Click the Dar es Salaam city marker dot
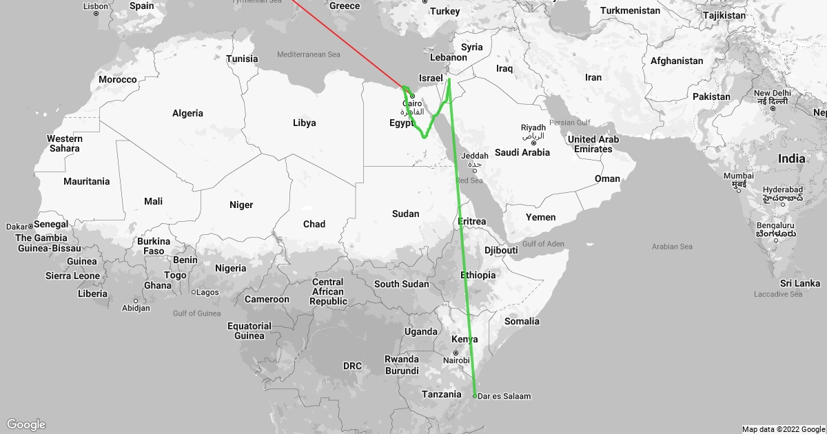pos(475,395)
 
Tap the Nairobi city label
pos(456,360)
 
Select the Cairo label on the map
pos(412,103)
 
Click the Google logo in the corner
pos(26,424)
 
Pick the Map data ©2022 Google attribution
pos(783,429)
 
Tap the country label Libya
pos(304,123)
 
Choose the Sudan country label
pos(405,214)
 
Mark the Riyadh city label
pos(533,128)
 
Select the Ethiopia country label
pos(478,275)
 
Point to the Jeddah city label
pos(476,156)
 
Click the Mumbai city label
pos(739,176)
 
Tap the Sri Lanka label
pos(800,283)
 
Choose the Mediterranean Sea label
pos(309,54)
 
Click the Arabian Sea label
pos(672,246)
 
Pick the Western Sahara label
pos(64,143)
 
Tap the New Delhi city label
pos(772,93)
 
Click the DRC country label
pos(352,366)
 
